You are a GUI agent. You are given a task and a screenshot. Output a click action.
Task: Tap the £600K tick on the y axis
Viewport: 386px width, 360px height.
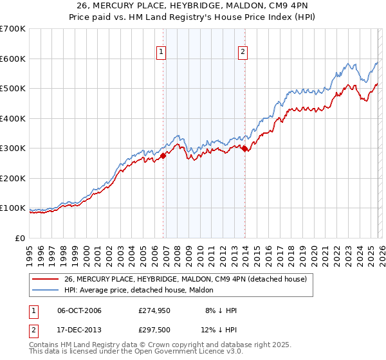tap(13, 59)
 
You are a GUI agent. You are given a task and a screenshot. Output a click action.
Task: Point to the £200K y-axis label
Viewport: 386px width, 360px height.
tap(13, 178)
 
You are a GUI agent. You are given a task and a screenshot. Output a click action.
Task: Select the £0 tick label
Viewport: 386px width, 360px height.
tap(20, 238)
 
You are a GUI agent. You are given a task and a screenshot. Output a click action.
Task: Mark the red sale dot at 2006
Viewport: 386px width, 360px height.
tap(163, 156)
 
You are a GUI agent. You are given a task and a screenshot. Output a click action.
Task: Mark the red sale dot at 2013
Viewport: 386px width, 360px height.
tap(245, 149)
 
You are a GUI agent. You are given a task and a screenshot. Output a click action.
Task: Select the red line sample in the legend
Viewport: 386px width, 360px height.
tap(46, 278)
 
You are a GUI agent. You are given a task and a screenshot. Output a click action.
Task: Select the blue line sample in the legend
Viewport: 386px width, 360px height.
tap(46, 290)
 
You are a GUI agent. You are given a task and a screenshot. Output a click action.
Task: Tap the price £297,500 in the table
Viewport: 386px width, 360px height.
tap(160, 331)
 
